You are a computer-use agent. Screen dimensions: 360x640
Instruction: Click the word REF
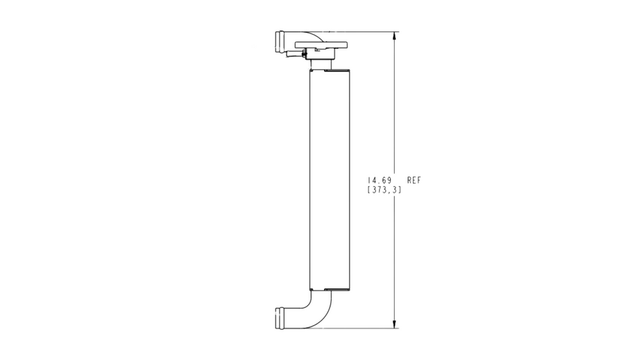click(x=414, y=181)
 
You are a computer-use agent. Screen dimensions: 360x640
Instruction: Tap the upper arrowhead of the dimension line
click(x=394, y=36)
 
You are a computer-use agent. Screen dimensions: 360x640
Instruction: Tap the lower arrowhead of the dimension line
click(x=394, y=324)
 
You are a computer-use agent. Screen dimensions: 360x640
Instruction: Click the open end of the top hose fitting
click(x=277, y=41)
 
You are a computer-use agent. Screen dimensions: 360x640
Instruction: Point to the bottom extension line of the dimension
click(x=364, y=328)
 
